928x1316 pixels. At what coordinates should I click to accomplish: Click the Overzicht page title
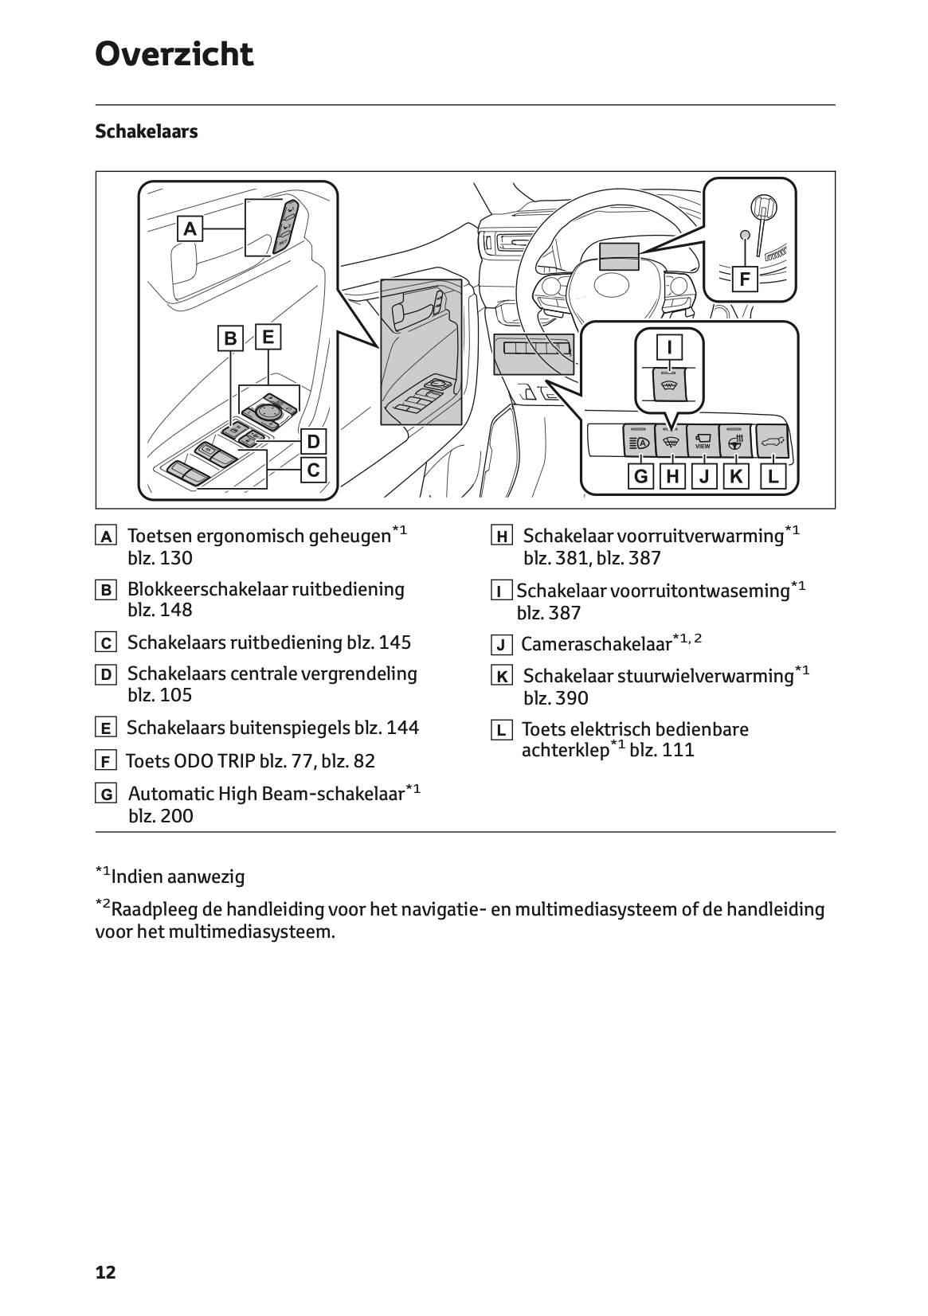coord(174,54)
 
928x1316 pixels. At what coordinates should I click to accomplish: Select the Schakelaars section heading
coord(147,131)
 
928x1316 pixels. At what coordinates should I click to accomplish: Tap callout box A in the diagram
coord(190,228)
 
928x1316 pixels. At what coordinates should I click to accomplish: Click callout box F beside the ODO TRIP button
coord(746,279)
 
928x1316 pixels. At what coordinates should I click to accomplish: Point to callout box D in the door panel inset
coord(313,441)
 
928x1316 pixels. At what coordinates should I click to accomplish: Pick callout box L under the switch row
coord(773,476)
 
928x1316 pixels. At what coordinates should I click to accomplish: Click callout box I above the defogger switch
coord(669,346)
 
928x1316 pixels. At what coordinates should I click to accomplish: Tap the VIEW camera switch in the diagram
coord(703,440)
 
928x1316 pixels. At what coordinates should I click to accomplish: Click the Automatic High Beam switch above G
coord(638,440)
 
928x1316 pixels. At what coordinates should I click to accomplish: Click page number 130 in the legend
coord(176,558)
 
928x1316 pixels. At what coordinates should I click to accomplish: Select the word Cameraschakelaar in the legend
coord(597,645)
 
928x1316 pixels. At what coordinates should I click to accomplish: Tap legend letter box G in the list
coord(106,795)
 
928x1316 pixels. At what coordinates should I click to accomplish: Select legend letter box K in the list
coord(501,676)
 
